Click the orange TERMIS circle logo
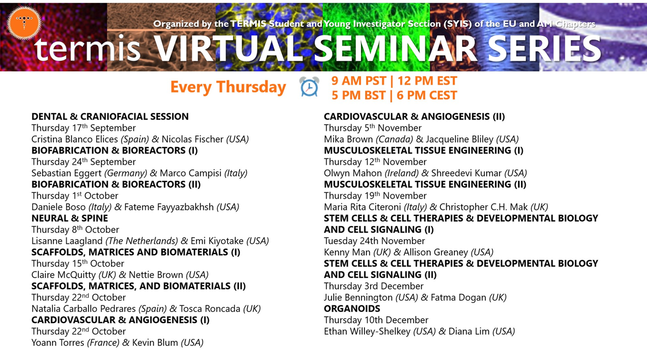[x=24, y=23]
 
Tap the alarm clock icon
[x=309, y=86]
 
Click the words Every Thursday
[x=228, y=87]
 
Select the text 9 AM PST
[x=358, y=81]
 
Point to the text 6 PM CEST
[x=427, y=96]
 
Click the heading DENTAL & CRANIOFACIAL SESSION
[x=110, y=116]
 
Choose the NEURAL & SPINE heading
[x=70, y=218]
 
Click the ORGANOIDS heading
[x=352, y=308]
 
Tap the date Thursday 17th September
[x=83, y=128]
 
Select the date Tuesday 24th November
[x=375, y=241]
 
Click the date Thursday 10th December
[x=376, y=320]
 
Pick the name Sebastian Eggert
[x=66, y=173]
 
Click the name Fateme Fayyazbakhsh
[x=169, y=207]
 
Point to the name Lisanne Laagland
[x=67, y=241]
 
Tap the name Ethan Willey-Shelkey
[x=367, y=331]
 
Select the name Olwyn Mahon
[x=353, y=173]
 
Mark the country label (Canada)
[x=394, y=139]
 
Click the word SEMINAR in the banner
[x=395, y=49]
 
